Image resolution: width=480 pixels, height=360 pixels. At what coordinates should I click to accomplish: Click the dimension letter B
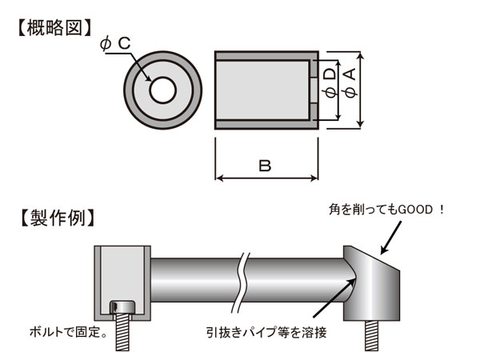265,166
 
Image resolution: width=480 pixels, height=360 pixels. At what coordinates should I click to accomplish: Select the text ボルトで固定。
66,330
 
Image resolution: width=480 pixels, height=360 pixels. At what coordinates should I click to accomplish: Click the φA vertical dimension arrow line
362,89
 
